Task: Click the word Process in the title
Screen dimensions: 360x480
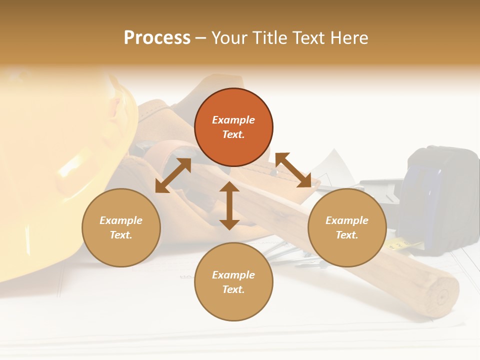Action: (x=157, y=38)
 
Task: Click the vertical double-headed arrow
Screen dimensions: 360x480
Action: (x=229, y=205)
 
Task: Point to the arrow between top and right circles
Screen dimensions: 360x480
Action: (x=293, y=170)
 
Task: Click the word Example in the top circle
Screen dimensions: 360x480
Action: (x=233, y=120)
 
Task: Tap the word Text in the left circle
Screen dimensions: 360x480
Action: (x=121, y=235)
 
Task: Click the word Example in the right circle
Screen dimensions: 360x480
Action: (x=347, y=220)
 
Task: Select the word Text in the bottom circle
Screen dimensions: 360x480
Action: (x=233, y=289)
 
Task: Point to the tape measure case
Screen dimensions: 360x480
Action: (x=440, y=195)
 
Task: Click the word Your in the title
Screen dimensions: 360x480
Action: (x=228, y=38)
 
